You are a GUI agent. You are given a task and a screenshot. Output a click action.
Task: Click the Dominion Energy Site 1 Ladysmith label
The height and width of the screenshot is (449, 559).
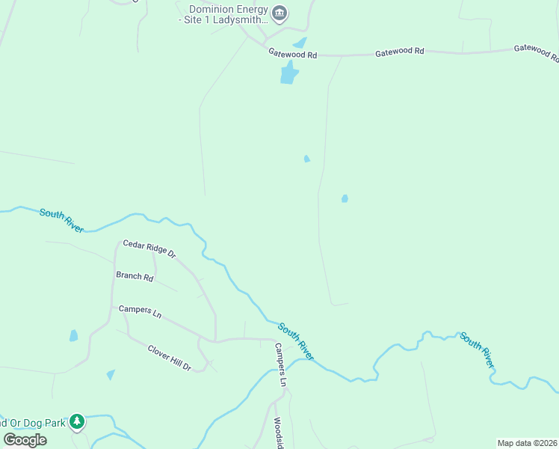click(x=223, y=14)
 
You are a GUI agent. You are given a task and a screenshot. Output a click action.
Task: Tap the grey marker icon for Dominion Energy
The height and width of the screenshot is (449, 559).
click(x=280, y=13)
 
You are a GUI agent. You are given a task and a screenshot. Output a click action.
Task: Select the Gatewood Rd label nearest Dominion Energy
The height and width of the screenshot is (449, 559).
click(x=293, y=55)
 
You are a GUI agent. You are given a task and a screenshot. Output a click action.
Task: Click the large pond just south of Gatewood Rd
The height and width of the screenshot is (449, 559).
click(x=288, y=73)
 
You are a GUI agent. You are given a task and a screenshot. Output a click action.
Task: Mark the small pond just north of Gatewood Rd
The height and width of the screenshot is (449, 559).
click(x=300, y=43)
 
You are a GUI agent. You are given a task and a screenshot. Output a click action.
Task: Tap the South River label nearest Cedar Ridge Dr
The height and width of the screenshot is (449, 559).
click(x=61, y=219)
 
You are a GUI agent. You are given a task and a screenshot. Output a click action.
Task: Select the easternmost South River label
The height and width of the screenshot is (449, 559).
click(x=477, y=349)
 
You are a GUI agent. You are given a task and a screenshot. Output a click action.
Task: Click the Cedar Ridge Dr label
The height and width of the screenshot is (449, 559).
click(x=149, y=248)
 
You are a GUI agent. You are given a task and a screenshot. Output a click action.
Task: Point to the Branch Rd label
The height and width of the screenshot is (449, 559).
click(x=135, y=276)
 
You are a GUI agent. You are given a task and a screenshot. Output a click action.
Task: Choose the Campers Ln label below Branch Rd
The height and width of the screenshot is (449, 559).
click(x=140, y=311)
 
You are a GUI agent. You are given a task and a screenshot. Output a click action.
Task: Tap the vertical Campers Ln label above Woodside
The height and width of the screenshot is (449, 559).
click(x=280, y=364)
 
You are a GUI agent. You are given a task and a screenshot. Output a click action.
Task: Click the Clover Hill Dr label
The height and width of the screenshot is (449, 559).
click(x=170, y=358)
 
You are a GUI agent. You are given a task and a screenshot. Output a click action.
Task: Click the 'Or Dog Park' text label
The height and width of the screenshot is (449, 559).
click(x=34, y=422)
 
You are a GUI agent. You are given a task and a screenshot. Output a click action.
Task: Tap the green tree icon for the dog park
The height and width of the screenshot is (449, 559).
click(x=76, y=423)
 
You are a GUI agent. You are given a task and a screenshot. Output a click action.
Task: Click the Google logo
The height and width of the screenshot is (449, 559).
click(x=25, y=439)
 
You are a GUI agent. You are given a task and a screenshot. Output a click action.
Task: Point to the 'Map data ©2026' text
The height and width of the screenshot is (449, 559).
click(x=526, y=443)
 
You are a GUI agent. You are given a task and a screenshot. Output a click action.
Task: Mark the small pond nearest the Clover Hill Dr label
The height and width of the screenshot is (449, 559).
click(x=111, y=374)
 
